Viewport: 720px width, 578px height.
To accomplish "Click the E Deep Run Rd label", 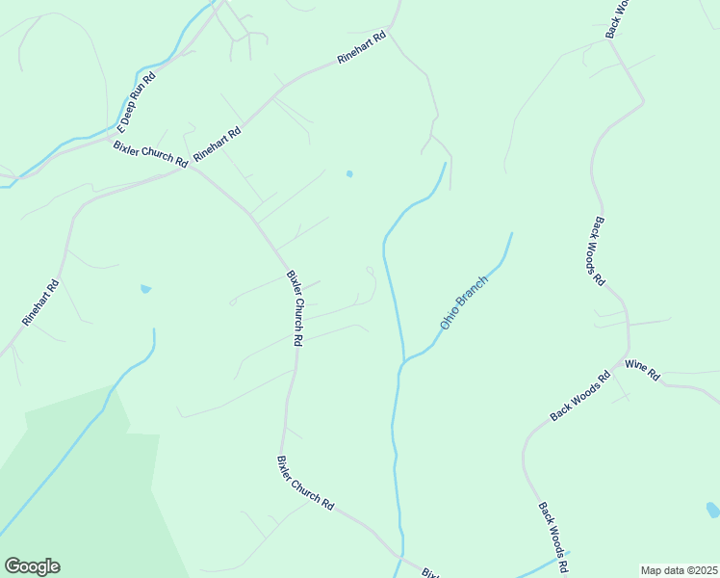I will tap(136, 103).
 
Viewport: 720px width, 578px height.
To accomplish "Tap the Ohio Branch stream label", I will tap(464, 302).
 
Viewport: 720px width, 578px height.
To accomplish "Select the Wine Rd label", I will tap(641, 369).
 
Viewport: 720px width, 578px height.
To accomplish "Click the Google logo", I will tap(32, 566).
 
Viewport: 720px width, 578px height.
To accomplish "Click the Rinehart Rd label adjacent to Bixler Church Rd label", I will tap(217, 143).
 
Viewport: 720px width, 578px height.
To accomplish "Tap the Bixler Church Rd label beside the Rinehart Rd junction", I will tap(150, 155).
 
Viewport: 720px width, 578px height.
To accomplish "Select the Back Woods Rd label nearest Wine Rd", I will tap(580, 396).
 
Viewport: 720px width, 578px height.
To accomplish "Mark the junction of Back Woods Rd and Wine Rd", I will tap(629, 357).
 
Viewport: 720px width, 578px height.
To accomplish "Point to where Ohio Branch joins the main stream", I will tap(402, 364).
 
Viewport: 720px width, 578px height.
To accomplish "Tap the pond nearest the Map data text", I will tap(712, 509).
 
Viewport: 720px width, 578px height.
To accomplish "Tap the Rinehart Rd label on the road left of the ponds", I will tap(40, 302).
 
